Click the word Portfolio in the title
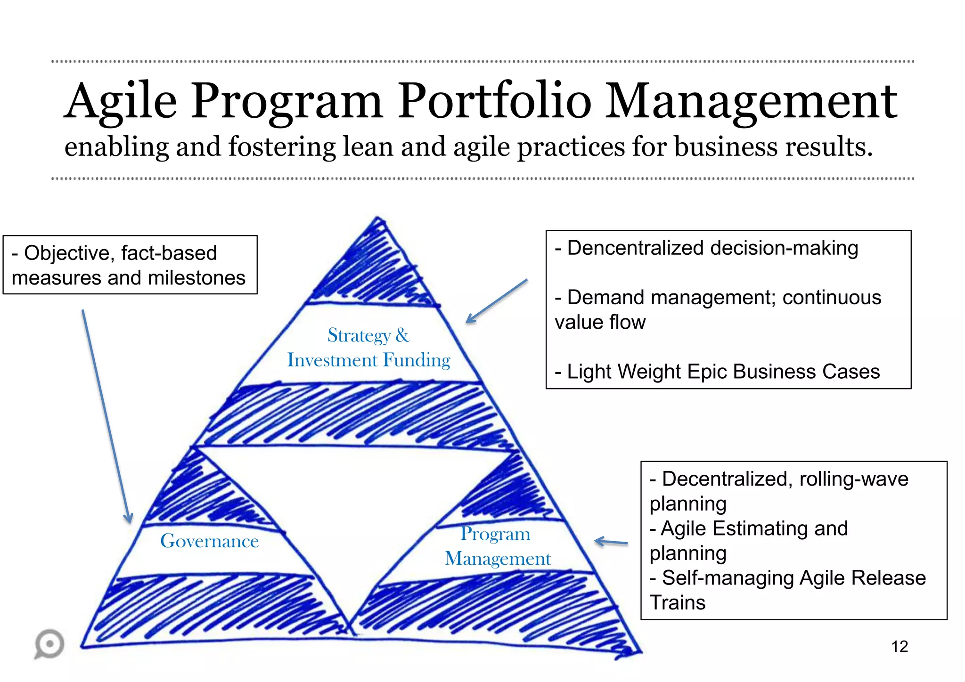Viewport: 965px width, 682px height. (494, 101)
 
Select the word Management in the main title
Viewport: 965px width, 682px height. (751, 101)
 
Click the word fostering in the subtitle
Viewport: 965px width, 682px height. (282, 147)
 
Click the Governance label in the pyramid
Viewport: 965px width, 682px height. (209, 541)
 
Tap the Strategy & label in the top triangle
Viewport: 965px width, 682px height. (368, 335)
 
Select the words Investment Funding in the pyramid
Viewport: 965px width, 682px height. (368, 360)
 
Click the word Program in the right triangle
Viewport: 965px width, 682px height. (495, 534)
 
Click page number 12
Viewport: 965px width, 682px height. (899, 647)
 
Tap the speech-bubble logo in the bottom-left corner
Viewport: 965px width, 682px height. (49, 644)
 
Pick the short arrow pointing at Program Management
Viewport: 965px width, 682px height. (611, 542)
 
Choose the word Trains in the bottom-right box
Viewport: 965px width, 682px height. (677, 603)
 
